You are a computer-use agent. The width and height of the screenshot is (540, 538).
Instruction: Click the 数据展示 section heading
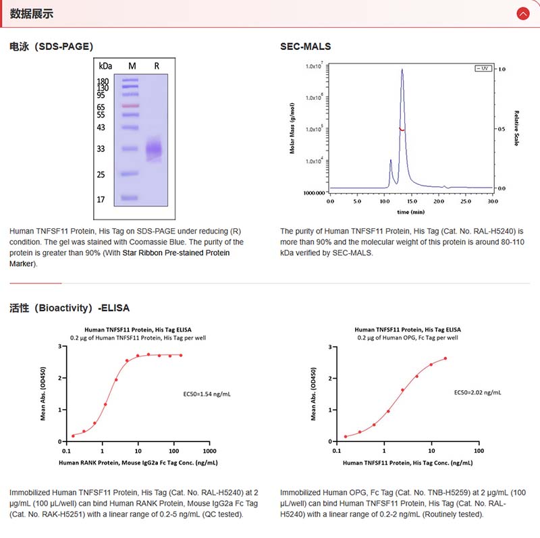tap(32, 14)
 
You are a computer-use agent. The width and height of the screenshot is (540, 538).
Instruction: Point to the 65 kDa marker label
tap(101, 107)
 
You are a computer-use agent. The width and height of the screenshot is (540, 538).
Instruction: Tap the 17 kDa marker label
tap(101, 200)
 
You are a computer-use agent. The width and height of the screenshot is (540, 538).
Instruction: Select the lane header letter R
tap(157, 65)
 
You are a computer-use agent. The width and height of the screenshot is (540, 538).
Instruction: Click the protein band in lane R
tap(155, 149)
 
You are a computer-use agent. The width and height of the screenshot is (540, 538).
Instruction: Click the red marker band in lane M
tap(130, 106)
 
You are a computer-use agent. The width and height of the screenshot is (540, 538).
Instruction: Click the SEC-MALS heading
tap(305, 47)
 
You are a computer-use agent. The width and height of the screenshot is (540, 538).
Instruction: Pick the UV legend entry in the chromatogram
tap(483, 68)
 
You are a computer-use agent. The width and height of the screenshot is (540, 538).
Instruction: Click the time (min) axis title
tap(411, 211)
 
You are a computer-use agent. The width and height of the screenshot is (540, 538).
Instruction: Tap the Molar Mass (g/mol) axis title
tap(292, 128)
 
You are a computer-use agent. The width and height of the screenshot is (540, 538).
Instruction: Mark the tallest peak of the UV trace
tap(402, 70)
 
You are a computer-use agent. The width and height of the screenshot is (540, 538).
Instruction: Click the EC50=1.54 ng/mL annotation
tap(207, 392)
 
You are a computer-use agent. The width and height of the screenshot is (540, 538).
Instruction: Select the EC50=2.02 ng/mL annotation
tap(477, 392)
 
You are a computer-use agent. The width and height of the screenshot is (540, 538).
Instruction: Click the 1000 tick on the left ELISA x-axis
tap(209, 450)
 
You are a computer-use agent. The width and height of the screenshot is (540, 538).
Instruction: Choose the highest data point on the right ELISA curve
tap(446, 358)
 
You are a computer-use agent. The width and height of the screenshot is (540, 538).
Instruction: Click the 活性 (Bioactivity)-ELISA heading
tap(69, 308)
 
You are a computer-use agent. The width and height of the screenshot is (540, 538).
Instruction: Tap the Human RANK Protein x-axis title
tap(138, 462)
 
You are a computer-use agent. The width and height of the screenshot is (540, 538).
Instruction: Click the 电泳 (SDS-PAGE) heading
tap(51, 47)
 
